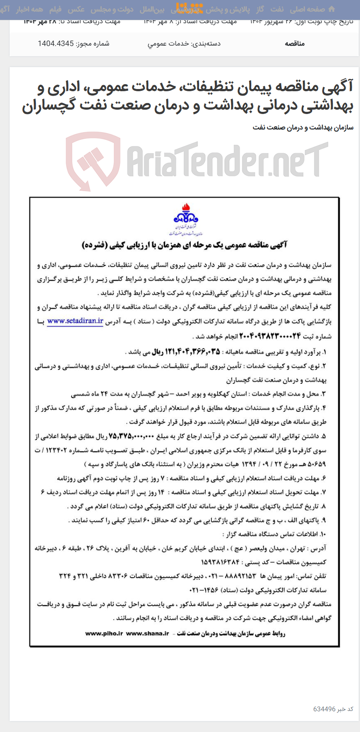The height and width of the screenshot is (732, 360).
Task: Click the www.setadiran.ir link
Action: pos(75,321)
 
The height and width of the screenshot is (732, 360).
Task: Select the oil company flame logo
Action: pos(185,214)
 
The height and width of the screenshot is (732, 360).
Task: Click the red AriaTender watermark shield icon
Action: pos(93,161)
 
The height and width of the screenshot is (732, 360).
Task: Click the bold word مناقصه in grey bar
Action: pos(295,43)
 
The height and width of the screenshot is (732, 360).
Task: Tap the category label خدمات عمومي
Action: pos(168,43)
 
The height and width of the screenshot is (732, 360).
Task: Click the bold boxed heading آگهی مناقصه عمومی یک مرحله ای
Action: pos(184,245)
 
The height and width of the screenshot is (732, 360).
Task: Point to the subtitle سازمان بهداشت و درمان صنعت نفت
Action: pos(303,128)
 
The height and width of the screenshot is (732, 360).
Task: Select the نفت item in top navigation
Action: pos(277,9)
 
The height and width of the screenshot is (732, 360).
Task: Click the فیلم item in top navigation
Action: pos(55,9)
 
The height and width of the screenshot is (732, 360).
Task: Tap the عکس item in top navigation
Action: pos(76,9)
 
